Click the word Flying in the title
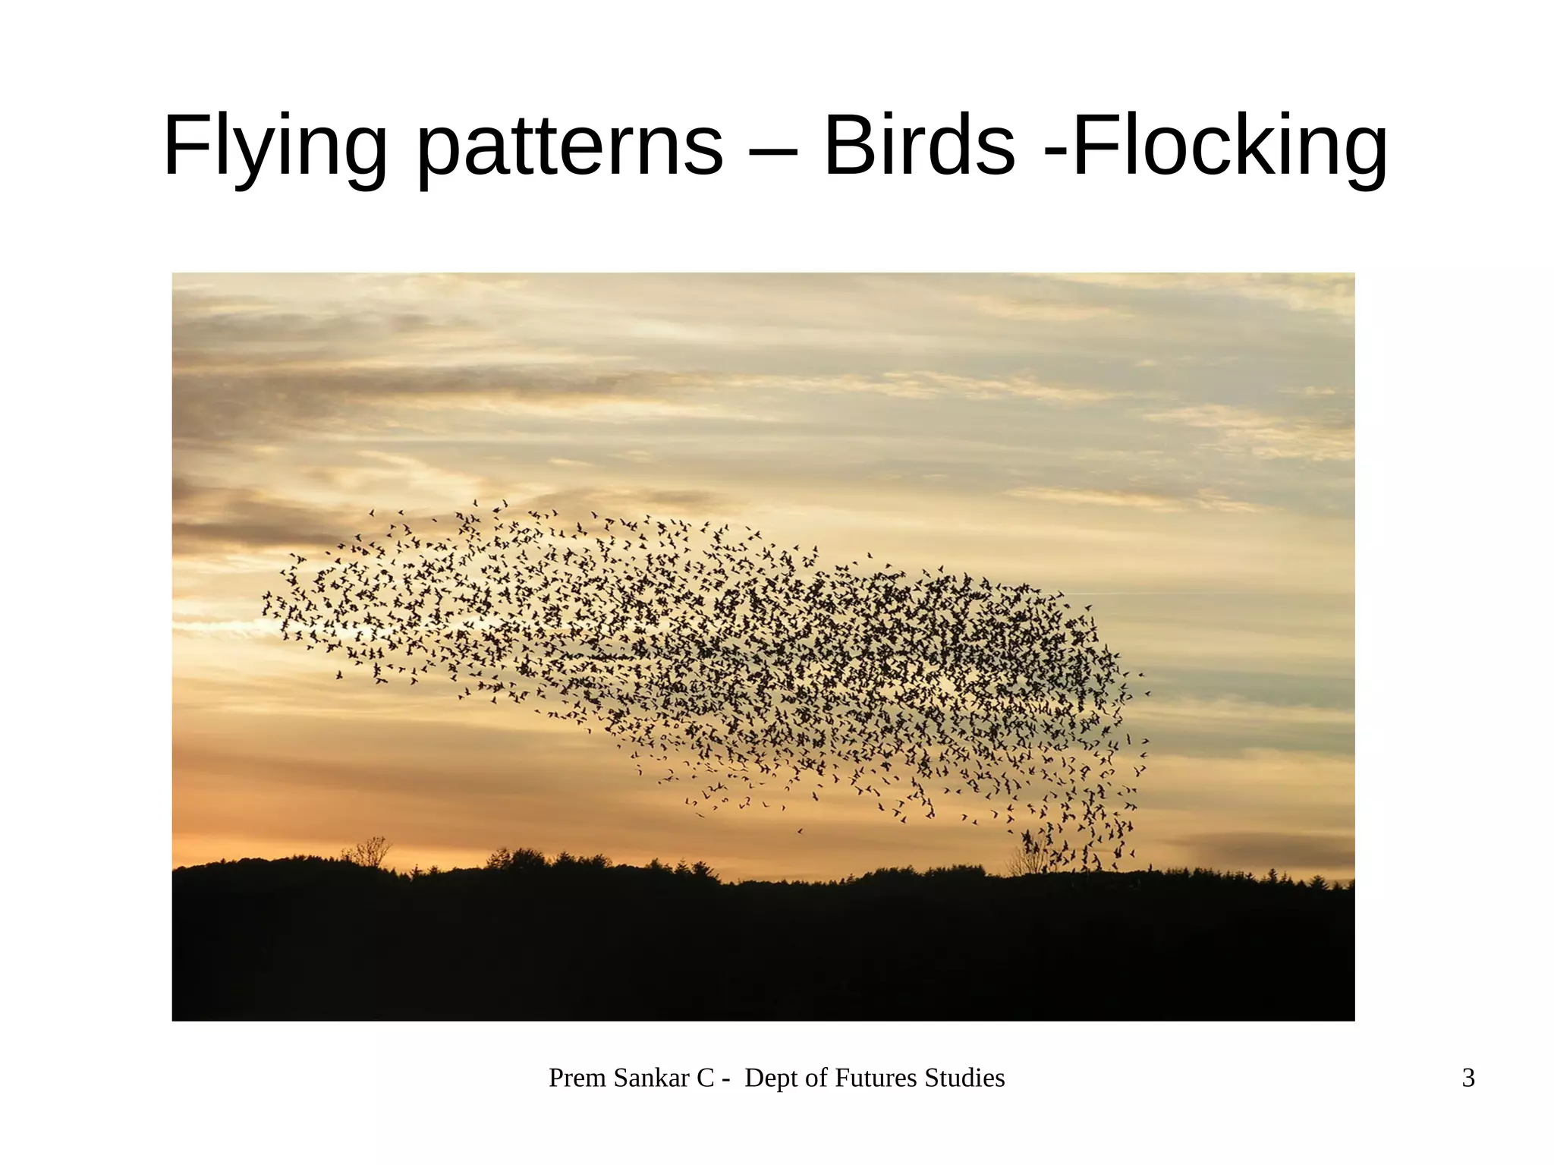point(275,146)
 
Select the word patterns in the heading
point(571,146)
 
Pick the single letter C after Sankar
point(706,1078)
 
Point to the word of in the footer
point(816,1078)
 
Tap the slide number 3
point(1468,1078)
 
